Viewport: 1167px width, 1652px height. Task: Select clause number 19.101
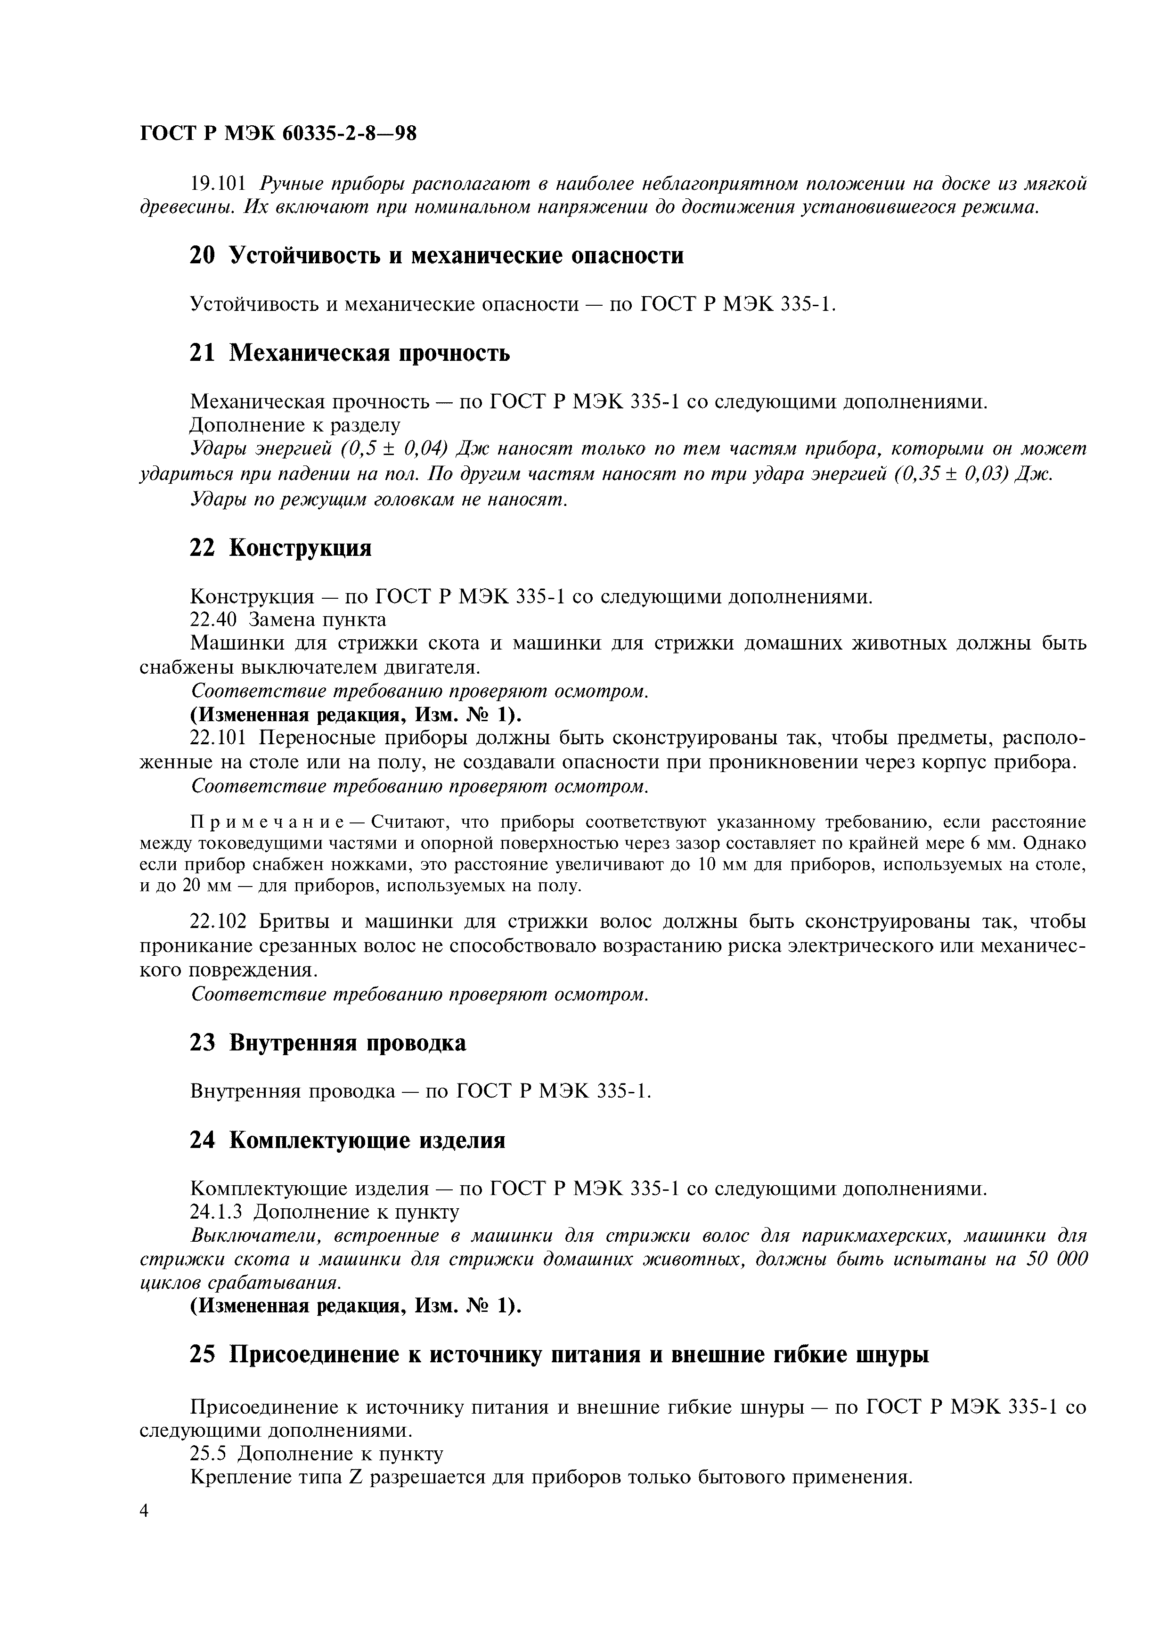pos(218,184)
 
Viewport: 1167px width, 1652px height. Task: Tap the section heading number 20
pos(202,255)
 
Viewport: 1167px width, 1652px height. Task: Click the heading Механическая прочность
pos(369,353)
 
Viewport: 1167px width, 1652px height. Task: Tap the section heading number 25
pos(202,1354)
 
